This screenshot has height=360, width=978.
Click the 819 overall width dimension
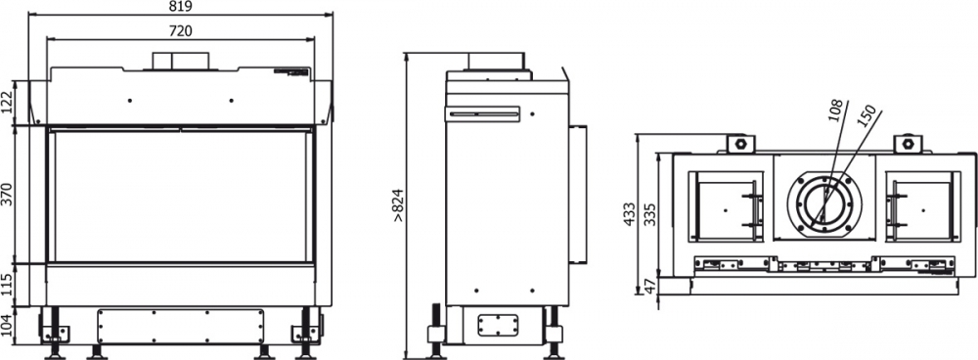coord(180,7)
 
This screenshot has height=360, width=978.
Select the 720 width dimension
coord(180,31)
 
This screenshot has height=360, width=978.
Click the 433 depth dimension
coord(629,213)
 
